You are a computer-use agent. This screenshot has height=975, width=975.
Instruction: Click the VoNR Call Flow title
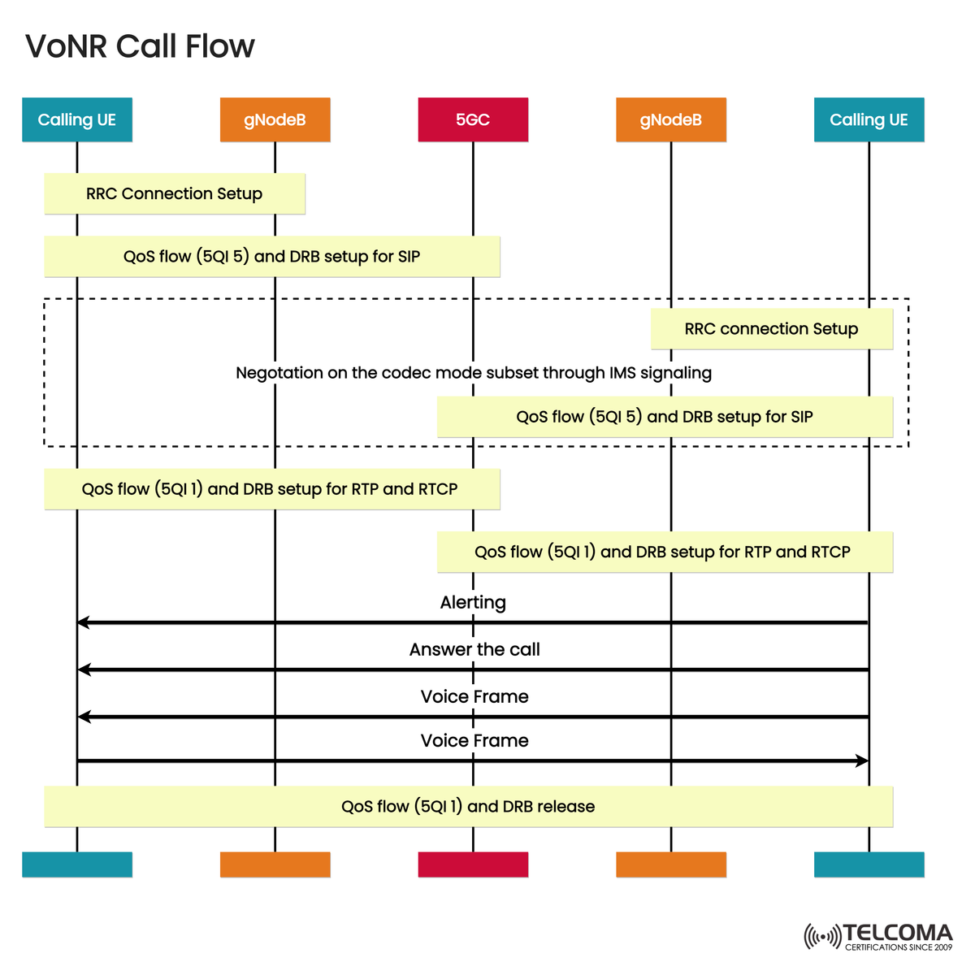[x=140, y=46]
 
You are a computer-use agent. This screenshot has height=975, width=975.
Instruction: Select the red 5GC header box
[x=473, y=119]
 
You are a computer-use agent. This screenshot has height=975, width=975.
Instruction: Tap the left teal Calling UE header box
[x=77, y=119]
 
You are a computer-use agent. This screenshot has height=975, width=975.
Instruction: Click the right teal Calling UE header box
[x=869, y=119]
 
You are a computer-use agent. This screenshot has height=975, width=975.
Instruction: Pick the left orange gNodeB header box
[x=275, y=119]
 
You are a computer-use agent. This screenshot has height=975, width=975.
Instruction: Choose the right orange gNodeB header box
[x=670, y=119]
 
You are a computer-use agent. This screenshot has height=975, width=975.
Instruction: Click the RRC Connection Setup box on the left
[x=175, y=193]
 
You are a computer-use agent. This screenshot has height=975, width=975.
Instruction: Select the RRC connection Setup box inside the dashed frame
[x=771, y=329]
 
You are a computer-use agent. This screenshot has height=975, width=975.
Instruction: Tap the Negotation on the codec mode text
[x=474, y=373]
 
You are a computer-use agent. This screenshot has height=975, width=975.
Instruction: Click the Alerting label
[x=473, y=602]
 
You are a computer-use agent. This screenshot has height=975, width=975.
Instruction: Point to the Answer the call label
[x=474, y=649]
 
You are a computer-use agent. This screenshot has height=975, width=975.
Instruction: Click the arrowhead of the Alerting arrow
[x=82, y=622]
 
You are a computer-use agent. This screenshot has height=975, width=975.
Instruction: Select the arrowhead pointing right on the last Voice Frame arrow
[x=863, y=760]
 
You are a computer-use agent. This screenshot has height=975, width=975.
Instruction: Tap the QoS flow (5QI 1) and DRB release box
[x=468, y=806]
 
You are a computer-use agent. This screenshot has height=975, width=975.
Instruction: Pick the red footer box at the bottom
[x=473, y=864]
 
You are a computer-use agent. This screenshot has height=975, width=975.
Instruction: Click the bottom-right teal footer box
[x=869, y=864]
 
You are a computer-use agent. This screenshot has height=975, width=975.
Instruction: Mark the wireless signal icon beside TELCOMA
[x=821, y=936]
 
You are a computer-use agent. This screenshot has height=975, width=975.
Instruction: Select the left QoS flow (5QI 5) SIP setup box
[x=271, y=257]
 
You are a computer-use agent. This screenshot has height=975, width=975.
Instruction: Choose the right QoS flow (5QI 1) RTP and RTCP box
[x=664, y=552]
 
